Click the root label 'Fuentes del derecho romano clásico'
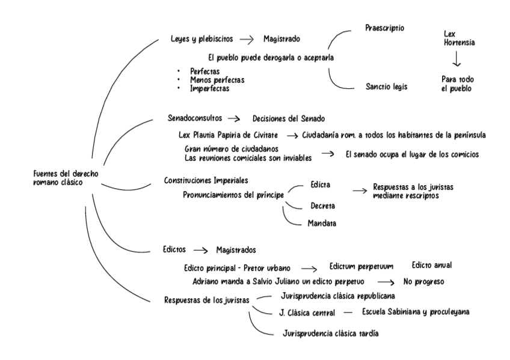66,178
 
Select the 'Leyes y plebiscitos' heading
201,38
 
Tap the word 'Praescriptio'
385,28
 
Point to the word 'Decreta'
324,206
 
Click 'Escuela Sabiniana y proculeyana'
416,312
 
